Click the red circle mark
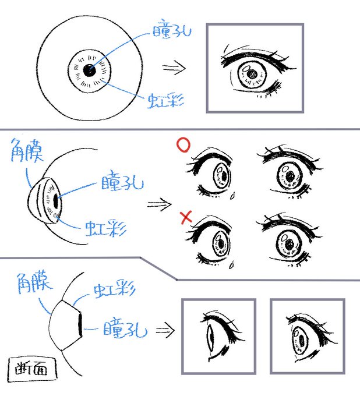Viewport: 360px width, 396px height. [x=183, y=145]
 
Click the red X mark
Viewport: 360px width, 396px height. [x=186, y=218]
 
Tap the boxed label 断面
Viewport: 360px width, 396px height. [x=33, y=368]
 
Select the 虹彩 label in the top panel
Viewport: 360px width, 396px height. [x=167, y=100]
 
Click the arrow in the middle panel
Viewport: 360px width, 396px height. [x=158, y=204]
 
